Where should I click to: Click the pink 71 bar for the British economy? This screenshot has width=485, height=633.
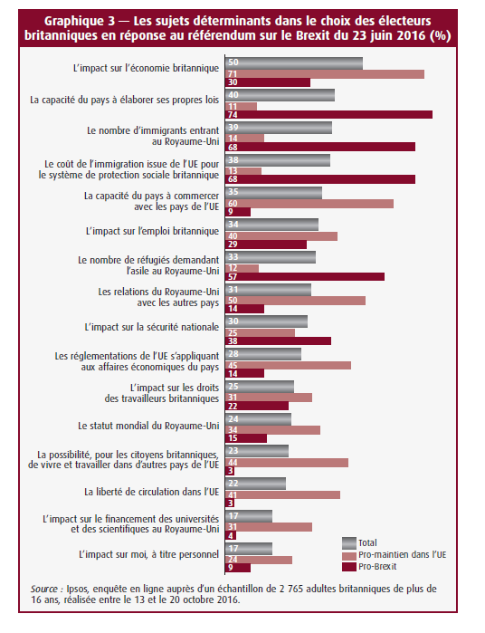325,74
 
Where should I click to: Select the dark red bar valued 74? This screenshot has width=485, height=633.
328,115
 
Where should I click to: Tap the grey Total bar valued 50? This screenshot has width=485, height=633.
294,63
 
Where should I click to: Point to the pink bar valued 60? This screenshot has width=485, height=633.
309,204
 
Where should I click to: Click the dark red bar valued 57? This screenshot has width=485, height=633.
305,276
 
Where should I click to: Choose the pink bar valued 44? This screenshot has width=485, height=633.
287,463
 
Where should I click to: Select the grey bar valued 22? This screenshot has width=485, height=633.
256,484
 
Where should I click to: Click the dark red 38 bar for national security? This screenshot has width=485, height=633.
279,341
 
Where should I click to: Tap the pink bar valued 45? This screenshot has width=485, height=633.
288,365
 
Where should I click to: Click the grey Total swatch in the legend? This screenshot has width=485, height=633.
349,543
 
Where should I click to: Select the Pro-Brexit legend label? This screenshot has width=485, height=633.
377,566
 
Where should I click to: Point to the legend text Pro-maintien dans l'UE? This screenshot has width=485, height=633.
403,555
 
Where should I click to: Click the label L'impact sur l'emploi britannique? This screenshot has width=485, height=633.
153,231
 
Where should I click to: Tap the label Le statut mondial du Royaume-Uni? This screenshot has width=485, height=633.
148,426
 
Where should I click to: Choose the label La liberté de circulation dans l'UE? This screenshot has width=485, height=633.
152,492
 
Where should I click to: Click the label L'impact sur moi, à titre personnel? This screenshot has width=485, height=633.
149,555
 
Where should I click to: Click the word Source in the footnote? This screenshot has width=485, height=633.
44,589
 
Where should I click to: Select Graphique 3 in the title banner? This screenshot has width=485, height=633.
79,21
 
